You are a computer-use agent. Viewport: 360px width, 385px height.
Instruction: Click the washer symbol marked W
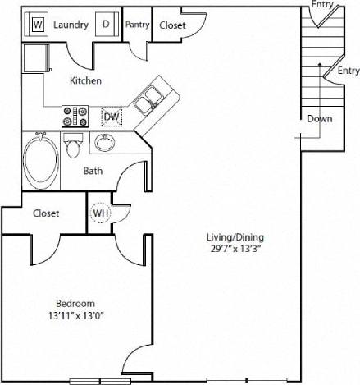tap(38, 25)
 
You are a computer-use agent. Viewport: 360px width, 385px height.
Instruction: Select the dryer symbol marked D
tap(106, 25)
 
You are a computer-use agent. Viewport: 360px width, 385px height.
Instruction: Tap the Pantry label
tap(137, 25)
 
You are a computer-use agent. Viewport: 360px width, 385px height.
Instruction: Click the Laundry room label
tap(71, 25)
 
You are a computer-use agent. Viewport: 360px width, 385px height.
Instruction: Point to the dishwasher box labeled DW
tap(112, 117)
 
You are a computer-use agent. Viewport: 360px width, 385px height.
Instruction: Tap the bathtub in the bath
tap(39, 160)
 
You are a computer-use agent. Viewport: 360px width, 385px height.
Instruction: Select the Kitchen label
tap(85, 80)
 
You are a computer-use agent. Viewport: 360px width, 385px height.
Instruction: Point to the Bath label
tap(93, 172)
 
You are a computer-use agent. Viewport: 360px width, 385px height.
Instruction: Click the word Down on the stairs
tap(320, 118)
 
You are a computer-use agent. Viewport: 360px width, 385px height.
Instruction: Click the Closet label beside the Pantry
tap(172, 25)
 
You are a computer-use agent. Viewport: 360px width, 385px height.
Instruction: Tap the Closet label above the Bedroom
tap(46, 213)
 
